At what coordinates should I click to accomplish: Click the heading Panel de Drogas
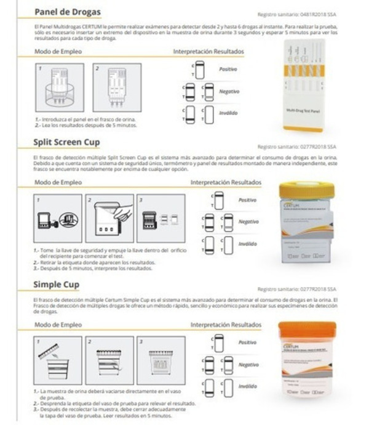tap(68, 12)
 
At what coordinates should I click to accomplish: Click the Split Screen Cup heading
tap(75, 144)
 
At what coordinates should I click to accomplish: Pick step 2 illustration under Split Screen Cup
tap(110, 219)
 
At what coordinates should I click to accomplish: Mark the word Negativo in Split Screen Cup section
tap(248, 221)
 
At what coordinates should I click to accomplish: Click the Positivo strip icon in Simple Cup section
tap(218, 342)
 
